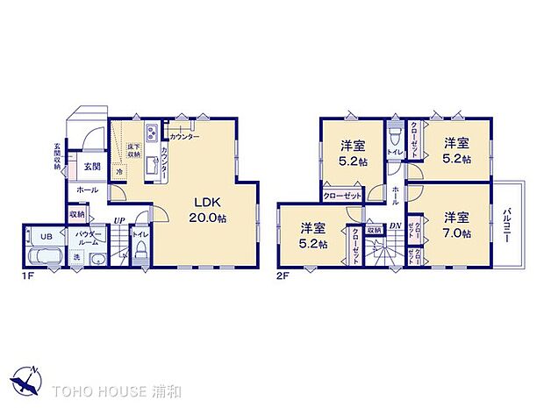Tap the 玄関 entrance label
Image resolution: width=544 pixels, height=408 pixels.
click(x=92, y=166)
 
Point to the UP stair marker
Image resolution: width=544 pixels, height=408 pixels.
click(x=118, y=220)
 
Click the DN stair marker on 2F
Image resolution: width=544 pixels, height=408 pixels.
click(x=394, y=225)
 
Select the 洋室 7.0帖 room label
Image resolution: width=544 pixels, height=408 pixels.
click(x=455, y=225)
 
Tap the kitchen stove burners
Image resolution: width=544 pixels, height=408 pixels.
click(x=150, y=133)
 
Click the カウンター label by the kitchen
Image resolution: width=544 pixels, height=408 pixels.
click(x=184, y=138)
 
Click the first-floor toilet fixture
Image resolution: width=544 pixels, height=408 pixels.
click(x=139, y=253)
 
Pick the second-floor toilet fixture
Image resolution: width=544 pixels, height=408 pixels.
click(x=396, y=136)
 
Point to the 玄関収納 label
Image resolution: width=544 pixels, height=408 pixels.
click(x=58, y=156)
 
